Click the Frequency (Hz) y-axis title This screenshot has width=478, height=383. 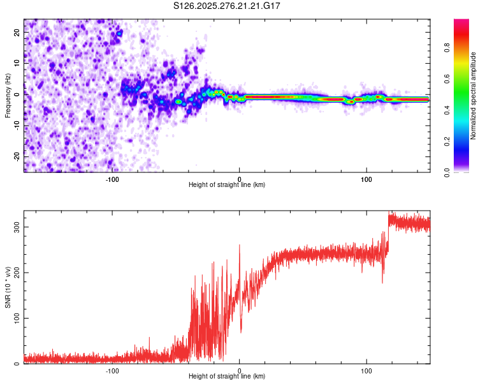tap(8, 95)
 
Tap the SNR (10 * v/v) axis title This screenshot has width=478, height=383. tap(8, 287)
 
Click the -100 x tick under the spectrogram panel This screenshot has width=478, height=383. tap(112, 179)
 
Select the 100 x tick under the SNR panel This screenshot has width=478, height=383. tap(366, 370)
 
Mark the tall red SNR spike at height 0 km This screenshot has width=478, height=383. tap(240, 246)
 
